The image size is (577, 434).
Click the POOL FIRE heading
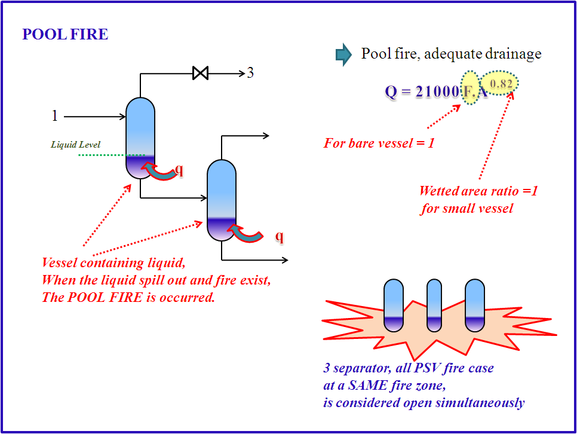click(65, 35)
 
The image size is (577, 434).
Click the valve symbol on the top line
click(201, 74)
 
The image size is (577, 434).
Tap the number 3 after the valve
click(250, 74)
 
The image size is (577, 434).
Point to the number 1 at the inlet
click(55, 116)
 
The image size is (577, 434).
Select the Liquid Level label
click(75, 145)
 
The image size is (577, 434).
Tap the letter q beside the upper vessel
click(179, 170)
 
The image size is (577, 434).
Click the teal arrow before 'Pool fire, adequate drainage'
click(343, 54)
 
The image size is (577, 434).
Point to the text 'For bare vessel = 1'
click(379, 143)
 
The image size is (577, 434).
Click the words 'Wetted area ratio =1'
click(478, 191)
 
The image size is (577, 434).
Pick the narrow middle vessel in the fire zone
click(434, 305)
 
